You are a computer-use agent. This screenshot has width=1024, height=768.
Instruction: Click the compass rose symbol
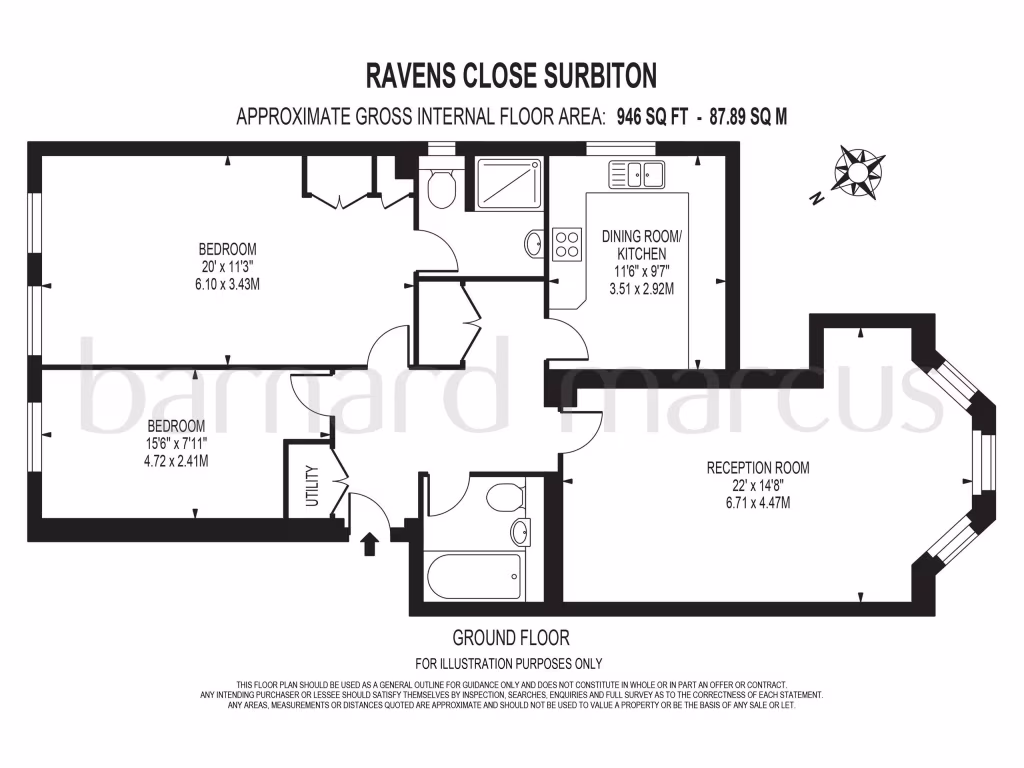click(x=857, y=171)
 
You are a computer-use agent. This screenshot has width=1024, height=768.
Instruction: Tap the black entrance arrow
click(x=368, y=543)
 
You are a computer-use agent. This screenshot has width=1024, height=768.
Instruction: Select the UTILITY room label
click(x=311, y=486)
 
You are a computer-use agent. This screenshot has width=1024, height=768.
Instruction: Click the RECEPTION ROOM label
click(x=758, y=467)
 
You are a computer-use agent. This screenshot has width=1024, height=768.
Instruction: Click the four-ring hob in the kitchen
click(x=567, y=244)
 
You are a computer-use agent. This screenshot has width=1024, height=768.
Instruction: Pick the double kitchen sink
click(x=641, y=176)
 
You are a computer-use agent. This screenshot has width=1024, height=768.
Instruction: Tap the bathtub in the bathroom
click(x=472, y=576)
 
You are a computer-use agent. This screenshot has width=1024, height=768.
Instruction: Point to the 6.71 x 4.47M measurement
click(x=757, y=503)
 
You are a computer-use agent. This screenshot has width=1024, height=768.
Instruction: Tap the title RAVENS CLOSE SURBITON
click(x=511, y=75)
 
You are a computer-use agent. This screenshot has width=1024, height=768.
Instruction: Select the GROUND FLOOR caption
click(x=511, y=637)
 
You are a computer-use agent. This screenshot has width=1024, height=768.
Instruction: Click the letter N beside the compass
click(x=816, y=198)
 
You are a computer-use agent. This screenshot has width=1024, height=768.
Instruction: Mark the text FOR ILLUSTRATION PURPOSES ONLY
click(x=509, y=663)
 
